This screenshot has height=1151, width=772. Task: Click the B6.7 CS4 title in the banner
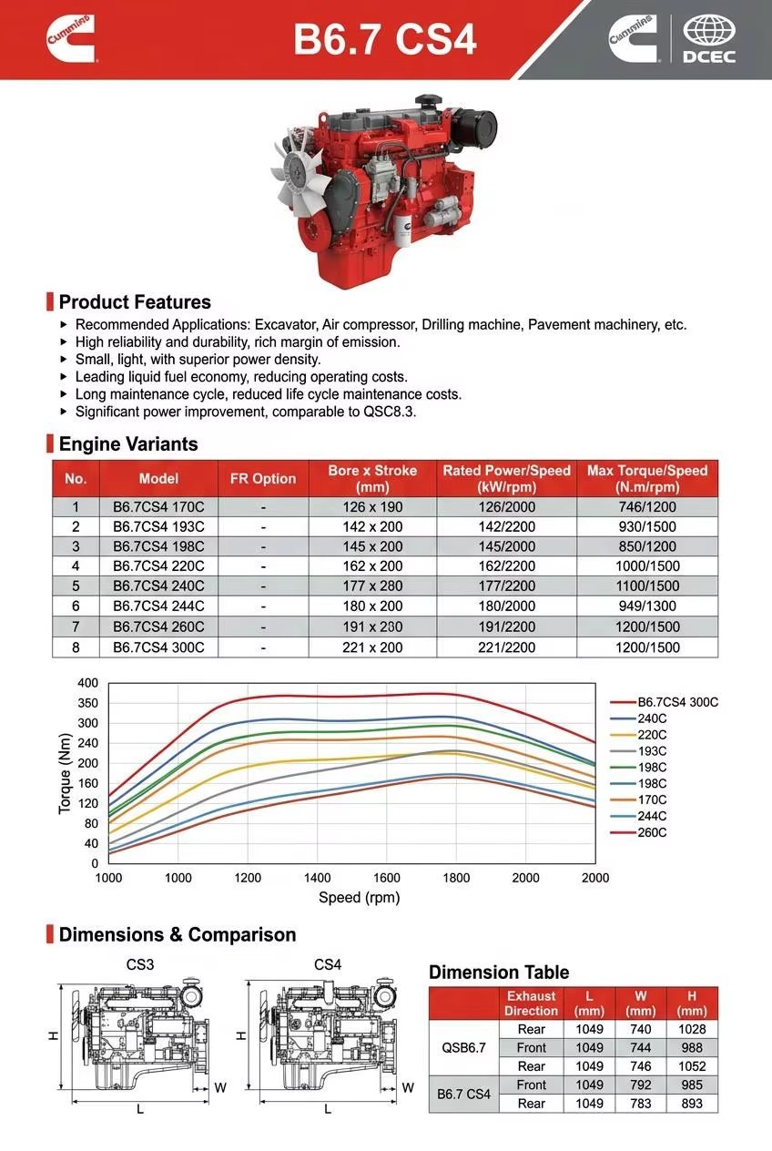[x=385, y=39]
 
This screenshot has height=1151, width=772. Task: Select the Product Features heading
[x=135, y=301]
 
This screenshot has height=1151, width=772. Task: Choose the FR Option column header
[x=263, y=478]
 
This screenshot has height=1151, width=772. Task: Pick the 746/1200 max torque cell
[x=647, y=506]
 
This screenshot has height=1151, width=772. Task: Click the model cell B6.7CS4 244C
[x=158, y=606]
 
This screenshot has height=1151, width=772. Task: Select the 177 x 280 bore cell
[x=372, y=586]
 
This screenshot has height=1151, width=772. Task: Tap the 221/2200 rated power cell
[x=506, y=647]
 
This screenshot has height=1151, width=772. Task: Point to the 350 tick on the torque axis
[x=87, y=702]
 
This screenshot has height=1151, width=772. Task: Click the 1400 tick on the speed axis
[x=317, y=877]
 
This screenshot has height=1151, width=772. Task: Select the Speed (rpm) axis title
[x=359, y=897]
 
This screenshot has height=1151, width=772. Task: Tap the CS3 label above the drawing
[x=139, y=964]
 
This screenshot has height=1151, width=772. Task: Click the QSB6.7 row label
[x=463, y=1047]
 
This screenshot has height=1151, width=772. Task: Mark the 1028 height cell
[x=691, y=1029]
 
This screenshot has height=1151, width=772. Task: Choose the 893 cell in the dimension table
[x=691, y=1104]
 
